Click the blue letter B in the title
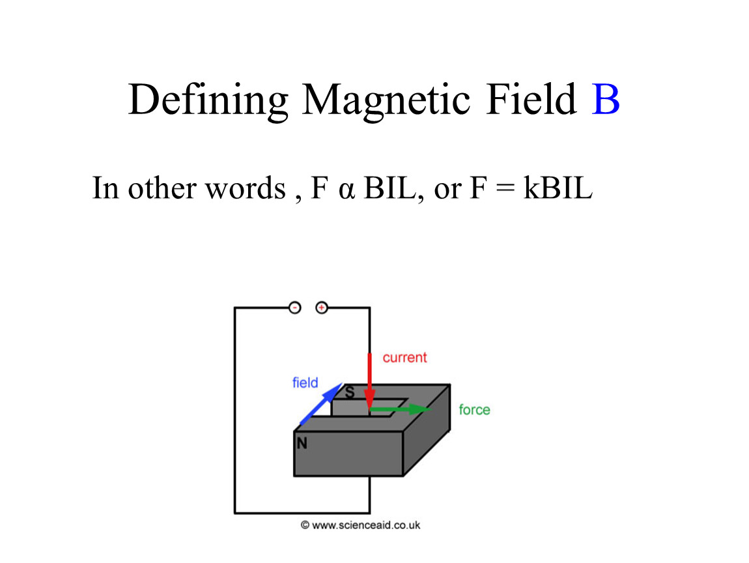(605, 100)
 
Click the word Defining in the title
(208, 101)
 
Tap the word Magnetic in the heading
(386, 101)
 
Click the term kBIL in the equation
(558, 188)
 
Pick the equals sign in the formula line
(505, 188)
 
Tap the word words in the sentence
(246, 188)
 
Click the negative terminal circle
(295, 308)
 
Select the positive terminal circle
(322, 308)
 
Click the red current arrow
(369, 381)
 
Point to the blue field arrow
(321, 404)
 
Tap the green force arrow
(401, 409)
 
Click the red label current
(404, 358)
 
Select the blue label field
(305, 383)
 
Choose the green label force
(474, 410)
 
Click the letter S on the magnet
(350, 393)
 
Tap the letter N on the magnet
(302, 444)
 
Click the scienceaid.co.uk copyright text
(361, 525)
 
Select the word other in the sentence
(162, 188)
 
